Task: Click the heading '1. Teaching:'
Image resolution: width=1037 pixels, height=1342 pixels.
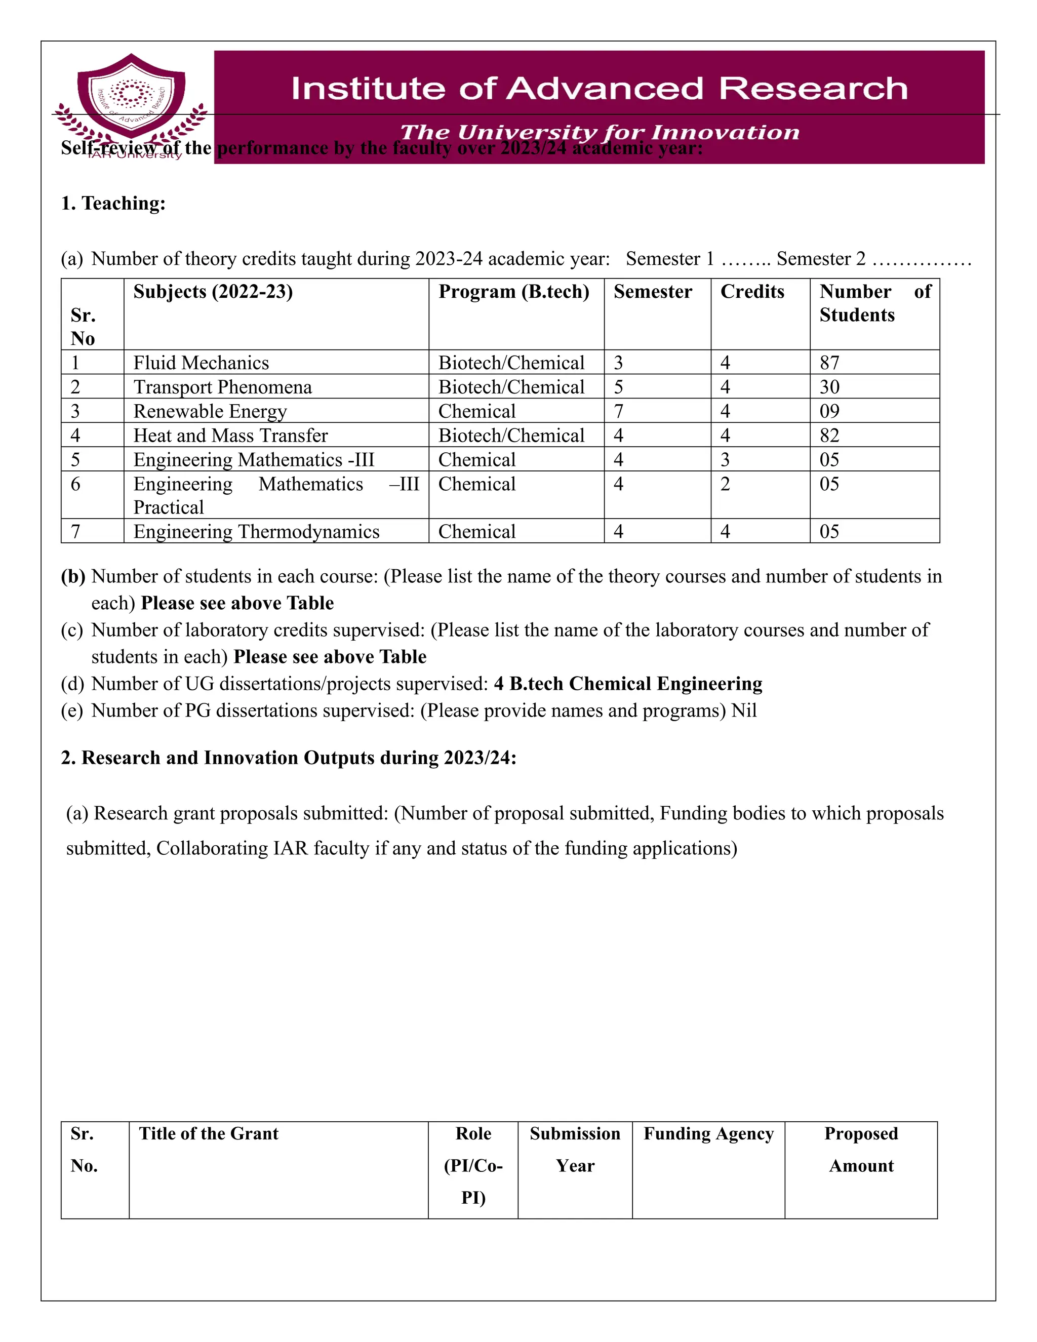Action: click(x=113, y=204)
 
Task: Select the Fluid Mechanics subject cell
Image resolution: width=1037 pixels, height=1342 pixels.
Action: click(x=201, y=363)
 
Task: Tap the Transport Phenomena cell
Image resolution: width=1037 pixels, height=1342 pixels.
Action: click(x=222, y=387)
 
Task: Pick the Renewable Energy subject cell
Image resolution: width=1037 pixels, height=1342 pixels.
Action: click(x=210, y=411)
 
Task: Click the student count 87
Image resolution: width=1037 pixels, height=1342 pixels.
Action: click(x=829, y=363)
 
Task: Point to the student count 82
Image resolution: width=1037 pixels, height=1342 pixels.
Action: click(x=829, y=436)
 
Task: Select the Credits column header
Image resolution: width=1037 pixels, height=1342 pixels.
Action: click(x=752, y=291)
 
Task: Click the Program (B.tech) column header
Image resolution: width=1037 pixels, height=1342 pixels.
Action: click(x=513, y=291)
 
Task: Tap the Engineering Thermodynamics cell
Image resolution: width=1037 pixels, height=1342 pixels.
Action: click(x=256, y=532)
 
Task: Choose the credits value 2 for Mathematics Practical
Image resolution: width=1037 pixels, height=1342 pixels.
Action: click(x=726, y=484)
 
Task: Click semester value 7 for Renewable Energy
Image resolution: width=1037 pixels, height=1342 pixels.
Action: click(x=619, y=411)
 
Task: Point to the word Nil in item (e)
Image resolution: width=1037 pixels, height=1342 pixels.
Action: click(x=744, y=711)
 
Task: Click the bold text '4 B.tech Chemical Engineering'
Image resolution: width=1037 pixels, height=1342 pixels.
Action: click(x=628, y=684)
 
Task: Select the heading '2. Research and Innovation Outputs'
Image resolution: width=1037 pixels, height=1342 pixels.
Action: click(x=288, y=758)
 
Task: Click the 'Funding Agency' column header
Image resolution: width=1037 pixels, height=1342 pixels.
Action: click(x=708, y=1134)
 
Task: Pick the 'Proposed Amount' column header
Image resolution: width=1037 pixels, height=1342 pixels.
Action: click(x=861, y=1150)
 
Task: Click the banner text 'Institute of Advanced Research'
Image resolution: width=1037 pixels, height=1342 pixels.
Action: click(x=599, y=89)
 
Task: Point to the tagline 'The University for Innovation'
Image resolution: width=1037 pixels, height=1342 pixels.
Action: click(x=599, y=132)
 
